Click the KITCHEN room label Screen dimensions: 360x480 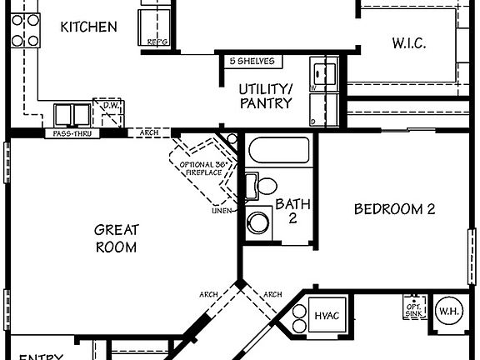tap(88, 27)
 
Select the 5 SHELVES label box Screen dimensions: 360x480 tap(251, 62)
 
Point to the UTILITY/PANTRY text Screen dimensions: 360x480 tap(266, 96)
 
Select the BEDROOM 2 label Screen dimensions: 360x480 tap(394, 209)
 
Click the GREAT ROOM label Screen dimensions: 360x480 tap(116, 237)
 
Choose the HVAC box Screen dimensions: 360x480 tap(323, 316)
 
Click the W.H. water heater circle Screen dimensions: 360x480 tap(449, 312)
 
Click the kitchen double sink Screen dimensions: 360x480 tap(74, 114)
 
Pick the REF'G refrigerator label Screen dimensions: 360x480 tap(157, 40)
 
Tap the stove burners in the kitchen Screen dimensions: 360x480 tap(26, 28)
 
